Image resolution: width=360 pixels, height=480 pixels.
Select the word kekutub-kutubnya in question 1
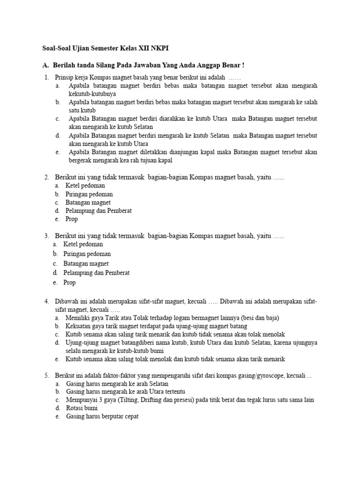91,94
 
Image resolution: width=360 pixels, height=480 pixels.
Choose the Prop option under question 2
72,219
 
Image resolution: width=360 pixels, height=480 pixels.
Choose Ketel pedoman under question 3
83,244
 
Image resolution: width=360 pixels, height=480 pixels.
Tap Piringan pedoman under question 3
88,254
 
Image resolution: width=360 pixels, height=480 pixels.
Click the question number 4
46,301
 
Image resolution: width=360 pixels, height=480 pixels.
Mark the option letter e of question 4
57,360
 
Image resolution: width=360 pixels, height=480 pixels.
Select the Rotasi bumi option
82,408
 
